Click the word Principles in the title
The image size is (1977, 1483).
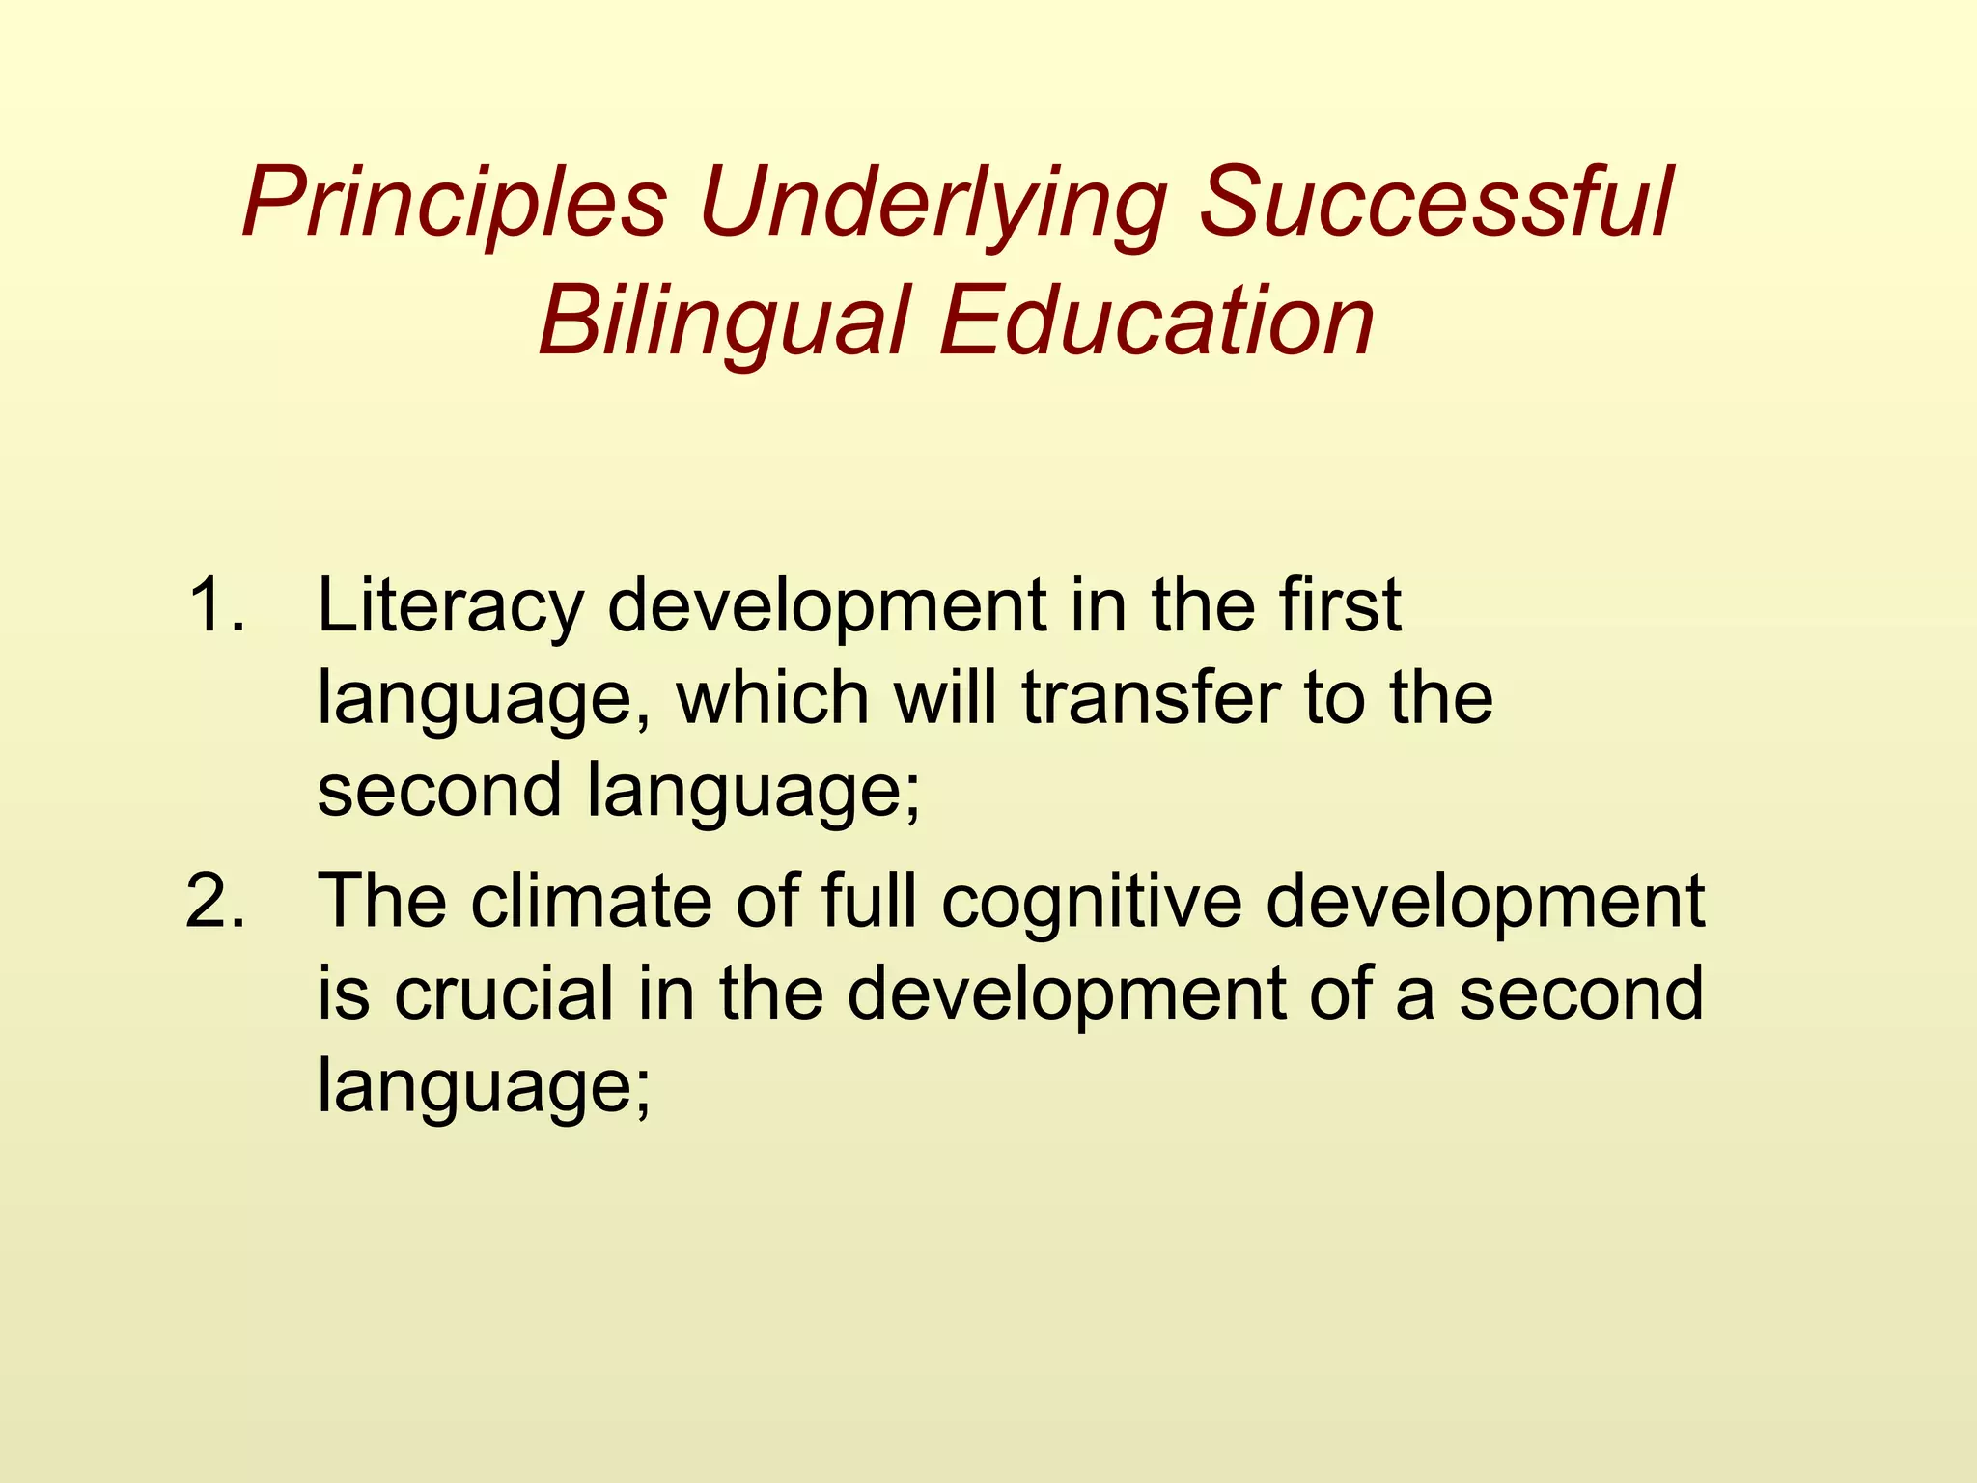click(454, 205)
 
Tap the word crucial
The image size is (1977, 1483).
click(503, 994)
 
